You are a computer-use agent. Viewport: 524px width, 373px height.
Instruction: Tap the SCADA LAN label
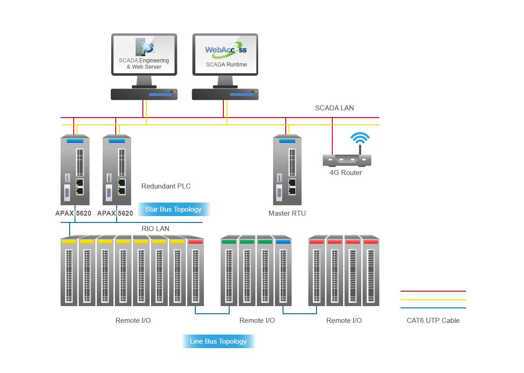tap(334, 108)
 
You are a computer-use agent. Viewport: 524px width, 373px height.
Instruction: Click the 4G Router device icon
tap(347, 160)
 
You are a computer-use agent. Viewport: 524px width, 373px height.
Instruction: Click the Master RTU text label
tap(287, 213)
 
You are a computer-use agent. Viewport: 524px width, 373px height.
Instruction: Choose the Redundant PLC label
tap(166, 186)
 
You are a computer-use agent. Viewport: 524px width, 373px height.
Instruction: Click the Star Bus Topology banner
tap(173, 209)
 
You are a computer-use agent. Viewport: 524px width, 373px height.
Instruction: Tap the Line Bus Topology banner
tap(218, 341)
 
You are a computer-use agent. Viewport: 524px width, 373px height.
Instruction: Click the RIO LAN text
tap(155, 229)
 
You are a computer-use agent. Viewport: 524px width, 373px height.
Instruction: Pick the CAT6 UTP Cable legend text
tap(433, 321)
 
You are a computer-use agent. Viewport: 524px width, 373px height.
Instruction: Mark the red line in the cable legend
tap(433, 291)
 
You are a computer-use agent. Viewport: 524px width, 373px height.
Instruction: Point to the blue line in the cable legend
tap(433, 308)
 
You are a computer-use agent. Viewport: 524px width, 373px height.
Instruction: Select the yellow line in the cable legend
tap(433, 299)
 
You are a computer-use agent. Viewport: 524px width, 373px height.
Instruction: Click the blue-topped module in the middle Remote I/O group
tap(283, 271)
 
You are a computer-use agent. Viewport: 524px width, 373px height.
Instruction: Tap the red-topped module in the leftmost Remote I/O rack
tap(195, 271)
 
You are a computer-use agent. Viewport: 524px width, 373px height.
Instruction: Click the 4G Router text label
tap(345, 173)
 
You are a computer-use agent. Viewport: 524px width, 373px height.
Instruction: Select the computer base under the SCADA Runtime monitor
tap(225, 94)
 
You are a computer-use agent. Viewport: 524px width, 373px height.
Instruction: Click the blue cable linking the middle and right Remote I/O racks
tap(299, 313)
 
